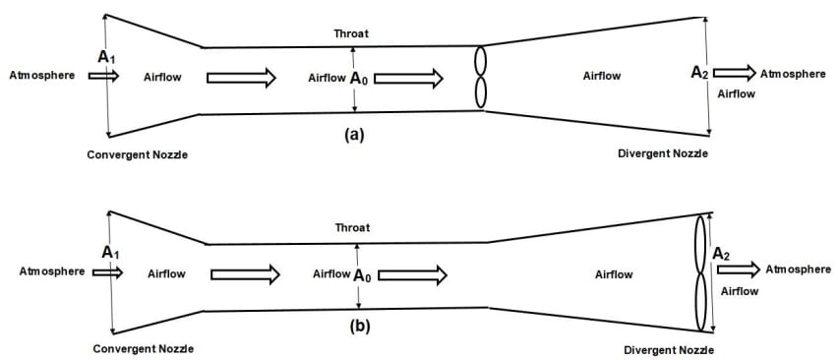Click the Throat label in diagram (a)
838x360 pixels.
(351, 33)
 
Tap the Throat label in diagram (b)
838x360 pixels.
(353, 227)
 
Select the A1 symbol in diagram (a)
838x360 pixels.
(106, 57)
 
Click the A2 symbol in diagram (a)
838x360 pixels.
(700, 73)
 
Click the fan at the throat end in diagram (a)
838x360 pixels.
(481, 77)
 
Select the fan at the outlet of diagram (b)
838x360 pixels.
(700, 272)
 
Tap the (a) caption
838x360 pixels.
(354, 135)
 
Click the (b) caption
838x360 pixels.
(359, 326)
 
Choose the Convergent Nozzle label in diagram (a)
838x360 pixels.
(138, 154)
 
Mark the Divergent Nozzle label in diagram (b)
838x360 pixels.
(669, 351)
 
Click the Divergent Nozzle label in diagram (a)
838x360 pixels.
(663, 153)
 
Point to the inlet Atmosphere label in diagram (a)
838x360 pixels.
(42, 76)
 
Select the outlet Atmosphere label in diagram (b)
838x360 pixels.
(799, 270)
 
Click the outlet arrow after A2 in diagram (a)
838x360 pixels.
(735, 72)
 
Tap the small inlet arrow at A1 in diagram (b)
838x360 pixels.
(107, 272)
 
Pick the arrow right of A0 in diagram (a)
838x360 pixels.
(408, 79)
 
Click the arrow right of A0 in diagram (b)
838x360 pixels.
(412, 275)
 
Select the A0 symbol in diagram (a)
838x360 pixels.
(359, 79)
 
